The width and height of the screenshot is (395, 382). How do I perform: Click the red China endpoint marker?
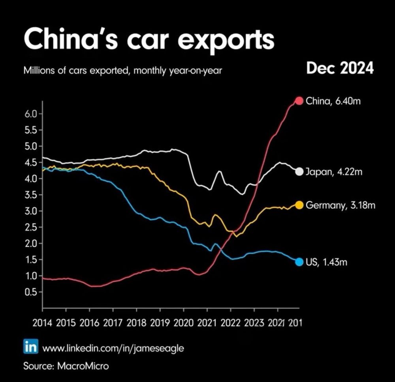299,101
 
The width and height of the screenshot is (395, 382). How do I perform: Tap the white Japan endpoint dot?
299,171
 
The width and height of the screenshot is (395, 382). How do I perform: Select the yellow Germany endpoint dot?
299,205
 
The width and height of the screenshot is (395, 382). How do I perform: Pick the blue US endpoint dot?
299,262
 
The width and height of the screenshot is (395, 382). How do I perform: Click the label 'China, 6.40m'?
333,101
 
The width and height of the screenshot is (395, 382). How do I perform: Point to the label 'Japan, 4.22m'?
334,172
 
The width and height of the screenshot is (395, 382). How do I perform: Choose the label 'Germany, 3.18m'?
340,205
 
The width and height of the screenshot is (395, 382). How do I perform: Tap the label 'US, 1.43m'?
326,262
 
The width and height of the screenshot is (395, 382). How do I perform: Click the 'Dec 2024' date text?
340,69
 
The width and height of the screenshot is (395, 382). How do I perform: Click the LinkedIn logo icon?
31,348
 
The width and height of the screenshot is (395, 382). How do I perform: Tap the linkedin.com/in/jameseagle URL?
113,348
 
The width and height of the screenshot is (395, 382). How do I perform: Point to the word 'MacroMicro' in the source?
83,365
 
